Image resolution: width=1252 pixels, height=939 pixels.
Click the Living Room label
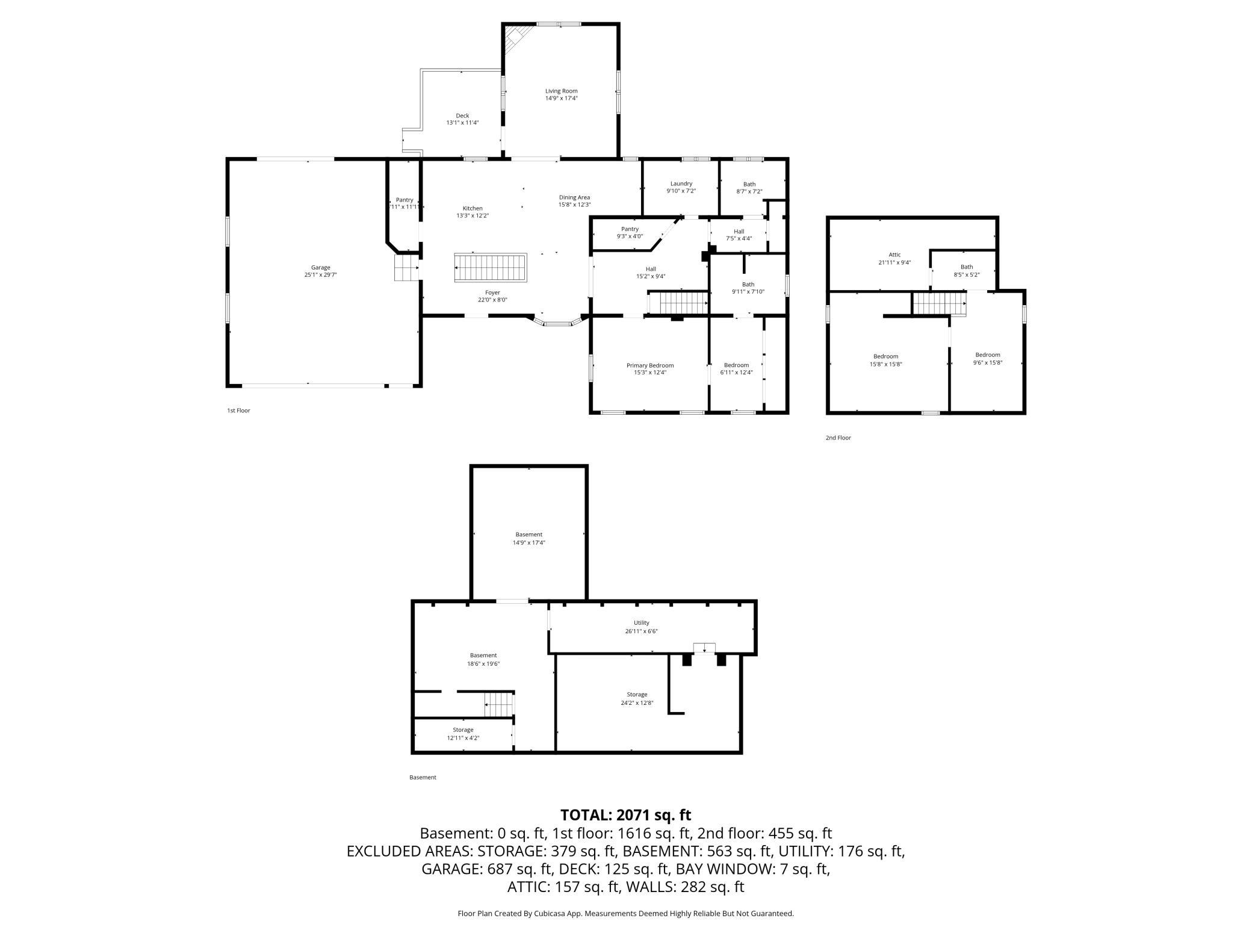coord(561,91)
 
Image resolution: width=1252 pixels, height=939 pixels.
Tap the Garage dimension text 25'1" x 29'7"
coord(320,275)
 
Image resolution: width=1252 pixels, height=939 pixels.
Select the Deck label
coord(462,116)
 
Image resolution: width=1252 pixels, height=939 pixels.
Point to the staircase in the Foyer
coord(491,267)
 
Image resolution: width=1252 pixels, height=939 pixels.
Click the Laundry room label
coord(681,184)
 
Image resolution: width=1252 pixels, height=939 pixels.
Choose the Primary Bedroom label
coord(649,365)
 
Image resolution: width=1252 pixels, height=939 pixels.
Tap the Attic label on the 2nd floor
coord(894,255)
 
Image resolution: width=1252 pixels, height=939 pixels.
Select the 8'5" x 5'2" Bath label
coord(966,274)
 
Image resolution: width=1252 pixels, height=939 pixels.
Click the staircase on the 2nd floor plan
coord(939,303)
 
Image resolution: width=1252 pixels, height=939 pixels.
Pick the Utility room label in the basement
coord(641,623)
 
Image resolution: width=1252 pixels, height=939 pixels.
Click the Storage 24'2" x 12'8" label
coord(636,698)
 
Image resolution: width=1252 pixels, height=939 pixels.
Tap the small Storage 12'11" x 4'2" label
coord(463,734)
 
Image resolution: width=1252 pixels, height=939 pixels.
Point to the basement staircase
coord(498,704)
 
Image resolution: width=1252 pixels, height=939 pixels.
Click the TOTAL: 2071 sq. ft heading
coord(625,815)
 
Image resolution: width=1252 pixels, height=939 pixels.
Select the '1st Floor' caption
coord(238,411)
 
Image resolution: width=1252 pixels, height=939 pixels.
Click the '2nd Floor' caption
coord(838,438)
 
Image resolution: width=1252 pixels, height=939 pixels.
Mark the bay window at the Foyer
coord(557,323)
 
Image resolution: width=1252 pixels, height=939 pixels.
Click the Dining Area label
coord(574,197)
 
